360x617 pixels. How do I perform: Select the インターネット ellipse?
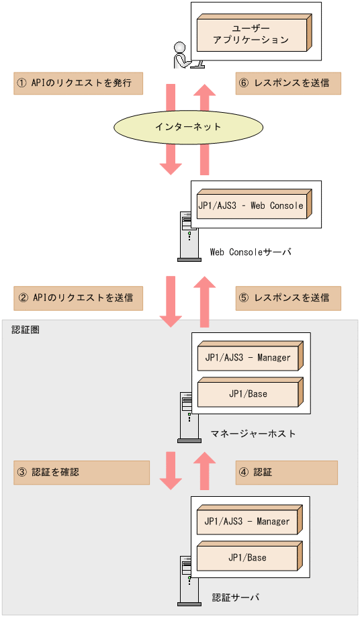click(187, 126)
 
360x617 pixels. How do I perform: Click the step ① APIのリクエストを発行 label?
click(79, 83)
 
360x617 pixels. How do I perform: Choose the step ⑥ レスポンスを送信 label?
click(287, 83)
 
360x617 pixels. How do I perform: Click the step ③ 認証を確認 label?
click(81, 472)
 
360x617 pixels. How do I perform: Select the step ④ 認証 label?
click(286, 472)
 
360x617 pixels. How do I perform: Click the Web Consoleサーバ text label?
click(251, 252)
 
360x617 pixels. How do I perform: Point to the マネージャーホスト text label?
click(253, 434)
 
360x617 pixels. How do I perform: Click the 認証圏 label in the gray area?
click(26, 330)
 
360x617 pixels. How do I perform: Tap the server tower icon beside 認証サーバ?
click(188, 581)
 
